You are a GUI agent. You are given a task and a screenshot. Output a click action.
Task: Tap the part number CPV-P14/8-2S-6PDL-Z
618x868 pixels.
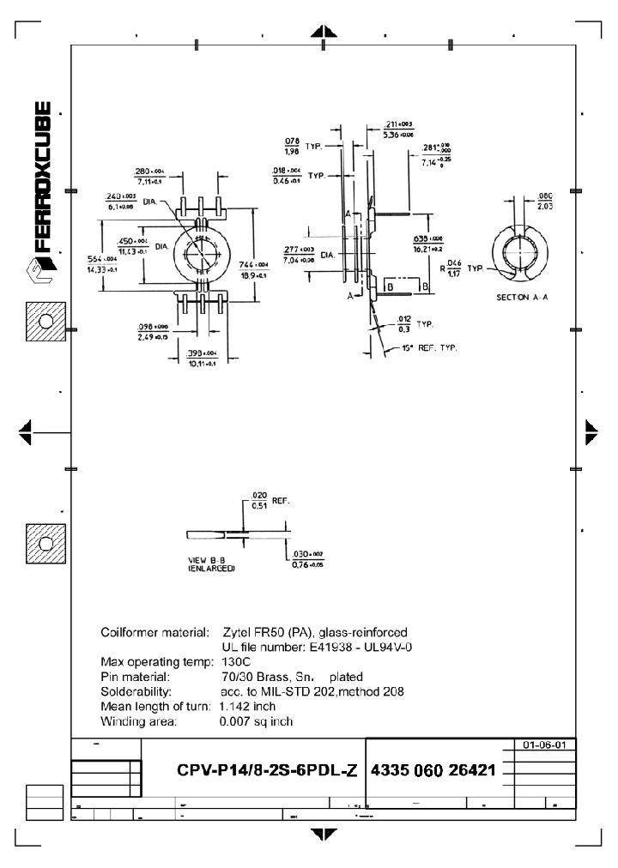tap(266, 769)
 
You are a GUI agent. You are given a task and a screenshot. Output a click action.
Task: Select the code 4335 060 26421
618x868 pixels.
tap(433, 769)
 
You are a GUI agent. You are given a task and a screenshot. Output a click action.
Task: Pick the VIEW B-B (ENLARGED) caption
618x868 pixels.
tap(211, 564)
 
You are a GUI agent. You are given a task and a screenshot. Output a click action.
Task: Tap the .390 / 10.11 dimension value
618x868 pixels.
tap(202, 358)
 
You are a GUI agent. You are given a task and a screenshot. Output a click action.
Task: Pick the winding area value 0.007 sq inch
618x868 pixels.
tap(256, 721)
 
